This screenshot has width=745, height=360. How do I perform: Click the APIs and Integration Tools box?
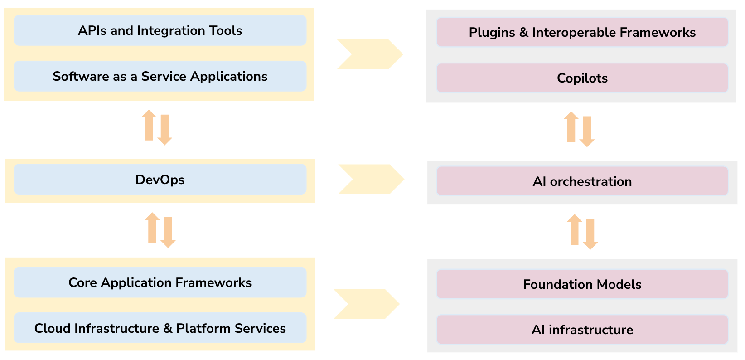pos(160,30)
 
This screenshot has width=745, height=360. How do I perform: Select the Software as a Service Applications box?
pos(160,76)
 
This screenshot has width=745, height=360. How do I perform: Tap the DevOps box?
pos(160,180)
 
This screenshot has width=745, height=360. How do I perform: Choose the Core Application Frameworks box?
pos(160,282)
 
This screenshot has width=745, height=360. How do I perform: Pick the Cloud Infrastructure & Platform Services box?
pos(160,328)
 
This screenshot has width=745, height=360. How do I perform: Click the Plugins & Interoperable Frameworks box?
pos(582,32)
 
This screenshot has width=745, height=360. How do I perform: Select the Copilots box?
pos(582,78)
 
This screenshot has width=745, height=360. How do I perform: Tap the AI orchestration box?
pos(582,181)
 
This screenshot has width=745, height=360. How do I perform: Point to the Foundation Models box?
pos(582,284)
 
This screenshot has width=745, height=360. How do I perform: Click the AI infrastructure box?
pos(582,330)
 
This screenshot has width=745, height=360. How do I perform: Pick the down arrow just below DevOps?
pos(168,232)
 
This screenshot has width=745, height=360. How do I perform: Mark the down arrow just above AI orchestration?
pos(587,131)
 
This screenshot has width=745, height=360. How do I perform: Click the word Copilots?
pos(582,78)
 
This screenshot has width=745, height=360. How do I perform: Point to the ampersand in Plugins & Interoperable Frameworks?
pos(524,32)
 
